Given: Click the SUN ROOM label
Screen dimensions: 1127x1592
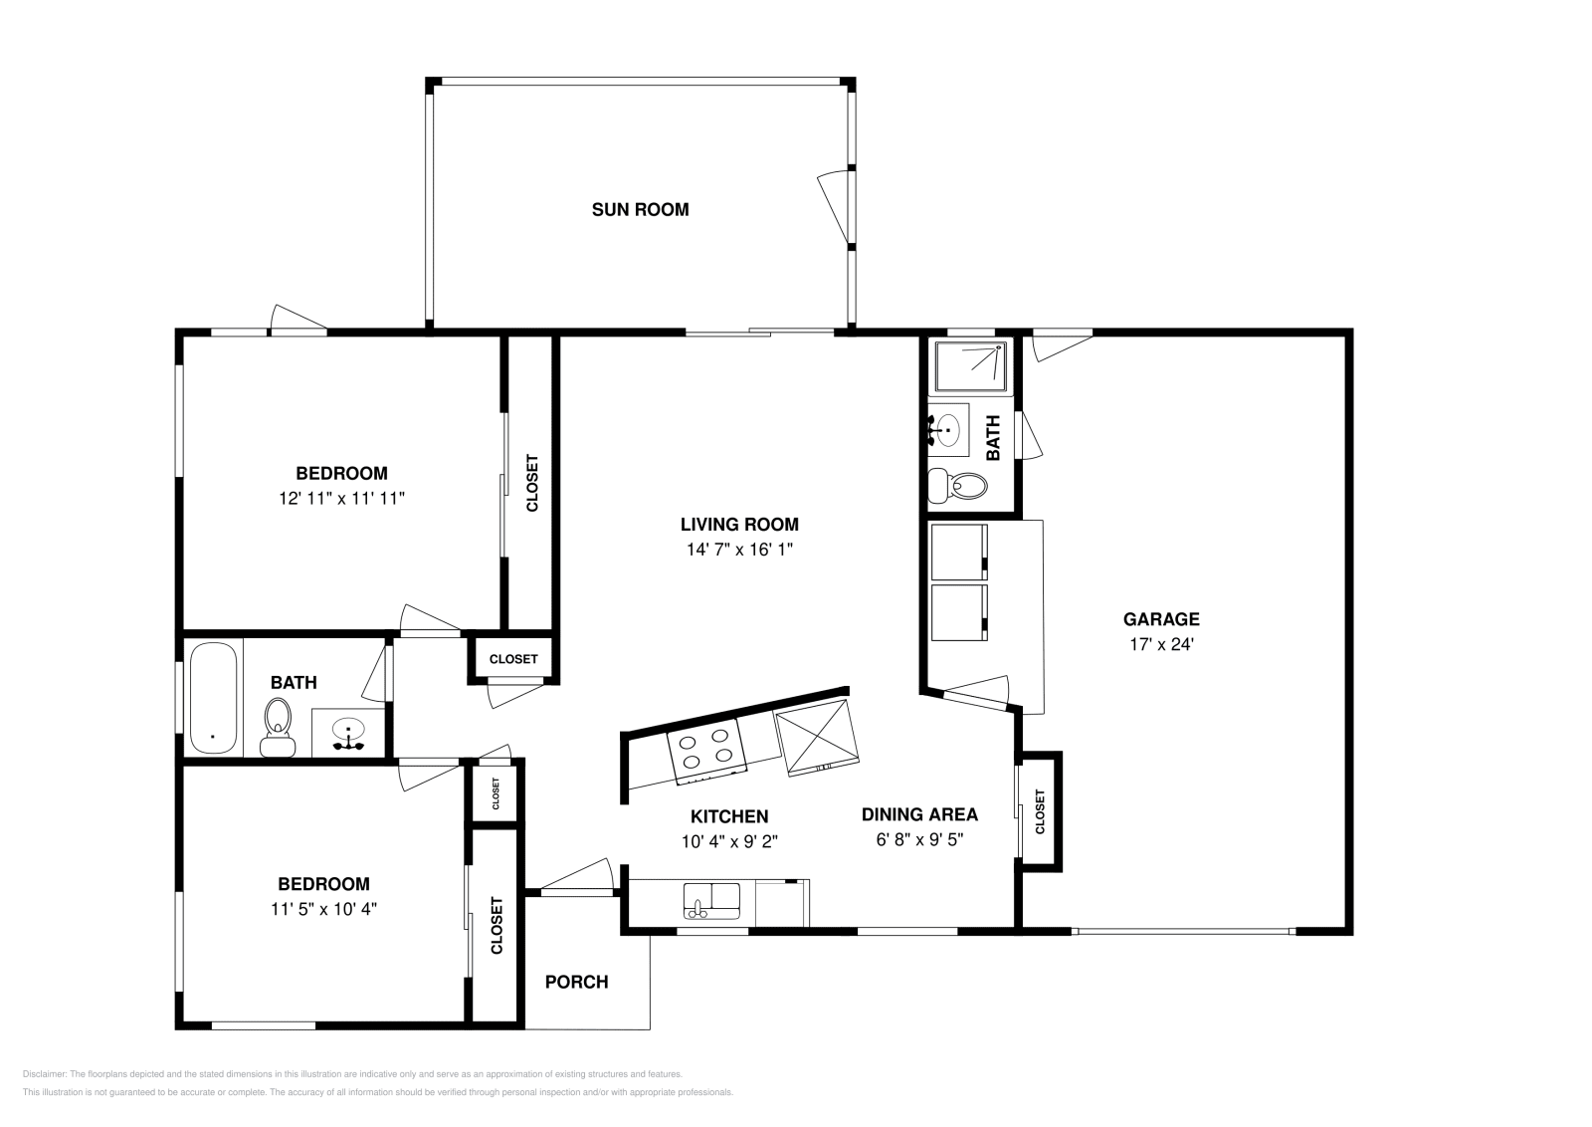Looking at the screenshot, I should [x=640, y=210].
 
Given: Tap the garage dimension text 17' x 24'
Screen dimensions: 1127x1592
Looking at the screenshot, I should [x=1161, y=644].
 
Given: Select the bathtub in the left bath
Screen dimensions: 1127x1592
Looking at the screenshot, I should [x=213, y=698].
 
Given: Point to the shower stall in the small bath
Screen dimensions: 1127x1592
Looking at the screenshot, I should [x=971, y=366].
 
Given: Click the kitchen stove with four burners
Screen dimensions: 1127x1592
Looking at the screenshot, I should [x=708, y=752].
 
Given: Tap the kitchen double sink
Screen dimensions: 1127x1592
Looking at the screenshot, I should [x=711, y=900].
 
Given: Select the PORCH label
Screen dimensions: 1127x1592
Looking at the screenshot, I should [x=576, y=982].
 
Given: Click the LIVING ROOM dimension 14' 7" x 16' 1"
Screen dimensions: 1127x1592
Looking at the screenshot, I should [x=739, y=550].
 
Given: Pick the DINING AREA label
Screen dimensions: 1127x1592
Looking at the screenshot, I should [x=919, y=814].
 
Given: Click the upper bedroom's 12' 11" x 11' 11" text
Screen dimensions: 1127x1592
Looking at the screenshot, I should [x=341, y=498].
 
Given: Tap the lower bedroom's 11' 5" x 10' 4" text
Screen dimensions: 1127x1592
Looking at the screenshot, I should [x=323, y=908].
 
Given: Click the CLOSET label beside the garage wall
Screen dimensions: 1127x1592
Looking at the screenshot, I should [x=1041, y=811].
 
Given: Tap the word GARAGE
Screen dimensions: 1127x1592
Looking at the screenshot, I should [x=1161, y=619].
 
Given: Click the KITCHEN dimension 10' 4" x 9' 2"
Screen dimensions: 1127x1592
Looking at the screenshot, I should [x=729, y=841].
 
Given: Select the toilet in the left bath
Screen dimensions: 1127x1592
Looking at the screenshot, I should [x=278, y=727].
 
